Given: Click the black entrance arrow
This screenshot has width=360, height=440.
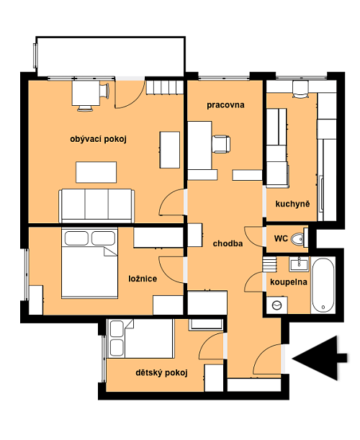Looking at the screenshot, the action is click(320, 358).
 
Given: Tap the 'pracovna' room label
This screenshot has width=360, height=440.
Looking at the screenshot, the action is click(225, 105).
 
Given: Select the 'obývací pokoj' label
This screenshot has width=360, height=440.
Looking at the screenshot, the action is click(98, 139).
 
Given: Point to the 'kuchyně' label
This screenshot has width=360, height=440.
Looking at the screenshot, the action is click(292, 204).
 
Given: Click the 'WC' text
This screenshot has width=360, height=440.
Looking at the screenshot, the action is click(281, 238).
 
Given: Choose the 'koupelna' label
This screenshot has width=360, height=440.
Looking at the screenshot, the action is click(289, 282).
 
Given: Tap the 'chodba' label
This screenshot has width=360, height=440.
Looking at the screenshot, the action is click(228, 243).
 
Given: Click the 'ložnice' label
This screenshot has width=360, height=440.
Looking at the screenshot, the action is click(143, 279).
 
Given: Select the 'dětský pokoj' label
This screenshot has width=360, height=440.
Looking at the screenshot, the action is click(161, 372).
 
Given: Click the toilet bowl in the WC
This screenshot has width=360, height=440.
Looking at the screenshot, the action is click(297, 239).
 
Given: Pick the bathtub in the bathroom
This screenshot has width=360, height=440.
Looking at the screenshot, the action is click(323, 285).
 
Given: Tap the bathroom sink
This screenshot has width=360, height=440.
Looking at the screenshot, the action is click(299, 264).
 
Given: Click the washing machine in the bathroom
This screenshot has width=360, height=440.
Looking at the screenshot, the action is click(277, 305).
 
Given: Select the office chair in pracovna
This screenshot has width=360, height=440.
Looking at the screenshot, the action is click(221, 144).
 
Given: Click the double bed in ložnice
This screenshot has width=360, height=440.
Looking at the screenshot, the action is click(89, 263).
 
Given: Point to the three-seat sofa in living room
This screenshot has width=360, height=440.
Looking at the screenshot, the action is click(96, 206).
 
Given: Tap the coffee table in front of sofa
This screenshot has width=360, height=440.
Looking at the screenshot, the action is click(96, 172).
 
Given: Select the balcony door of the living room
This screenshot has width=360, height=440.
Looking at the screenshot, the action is click(130, 94).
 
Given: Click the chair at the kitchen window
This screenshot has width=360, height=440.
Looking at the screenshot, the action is click(300, 89).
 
